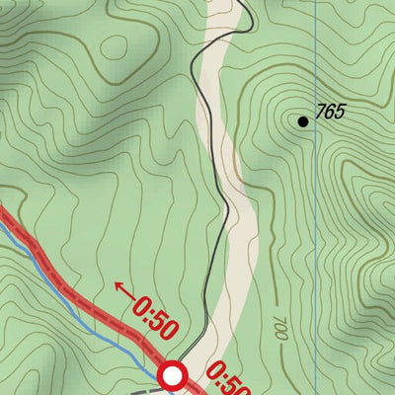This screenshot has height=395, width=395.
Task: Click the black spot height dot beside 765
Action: click(303, 121)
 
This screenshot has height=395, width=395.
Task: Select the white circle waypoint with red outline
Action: click(174, 375)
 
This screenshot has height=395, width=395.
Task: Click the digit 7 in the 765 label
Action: click(320, 112)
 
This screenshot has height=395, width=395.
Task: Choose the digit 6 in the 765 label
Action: click(330, 112)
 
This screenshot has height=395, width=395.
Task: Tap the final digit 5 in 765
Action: click(340, 112)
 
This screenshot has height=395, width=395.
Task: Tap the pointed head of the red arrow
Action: click(118, 286)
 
